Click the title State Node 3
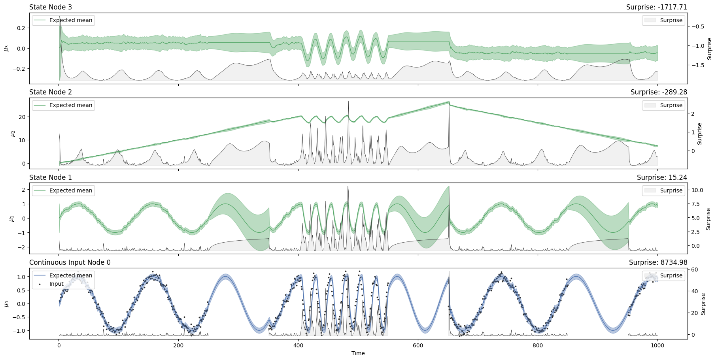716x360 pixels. [x=51, y=7]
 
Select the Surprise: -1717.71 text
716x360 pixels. [x=656, y=7]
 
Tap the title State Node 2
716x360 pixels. [x=51, y=92]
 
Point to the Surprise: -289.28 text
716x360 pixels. [x=659, y=92]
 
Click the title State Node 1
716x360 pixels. [x=51, y=177]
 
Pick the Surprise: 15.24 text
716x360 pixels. [x=662, y=177]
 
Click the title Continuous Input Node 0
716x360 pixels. [x=70, y=262]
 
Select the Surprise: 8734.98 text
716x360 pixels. [x=658, y=262]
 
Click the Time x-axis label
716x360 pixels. [x=358, y=353]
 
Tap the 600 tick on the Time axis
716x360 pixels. [x=418, y=345]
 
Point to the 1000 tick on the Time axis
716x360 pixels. [x=657, y=345]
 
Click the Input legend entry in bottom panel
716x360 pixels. [x=57, y=284]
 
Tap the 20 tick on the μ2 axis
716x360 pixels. [x=22, y=117]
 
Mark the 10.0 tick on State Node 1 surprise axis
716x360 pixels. [x=697, y=190]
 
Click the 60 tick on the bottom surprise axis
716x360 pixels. [x=694, y=270]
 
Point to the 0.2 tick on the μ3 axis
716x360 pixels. [x=21, y=28]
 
